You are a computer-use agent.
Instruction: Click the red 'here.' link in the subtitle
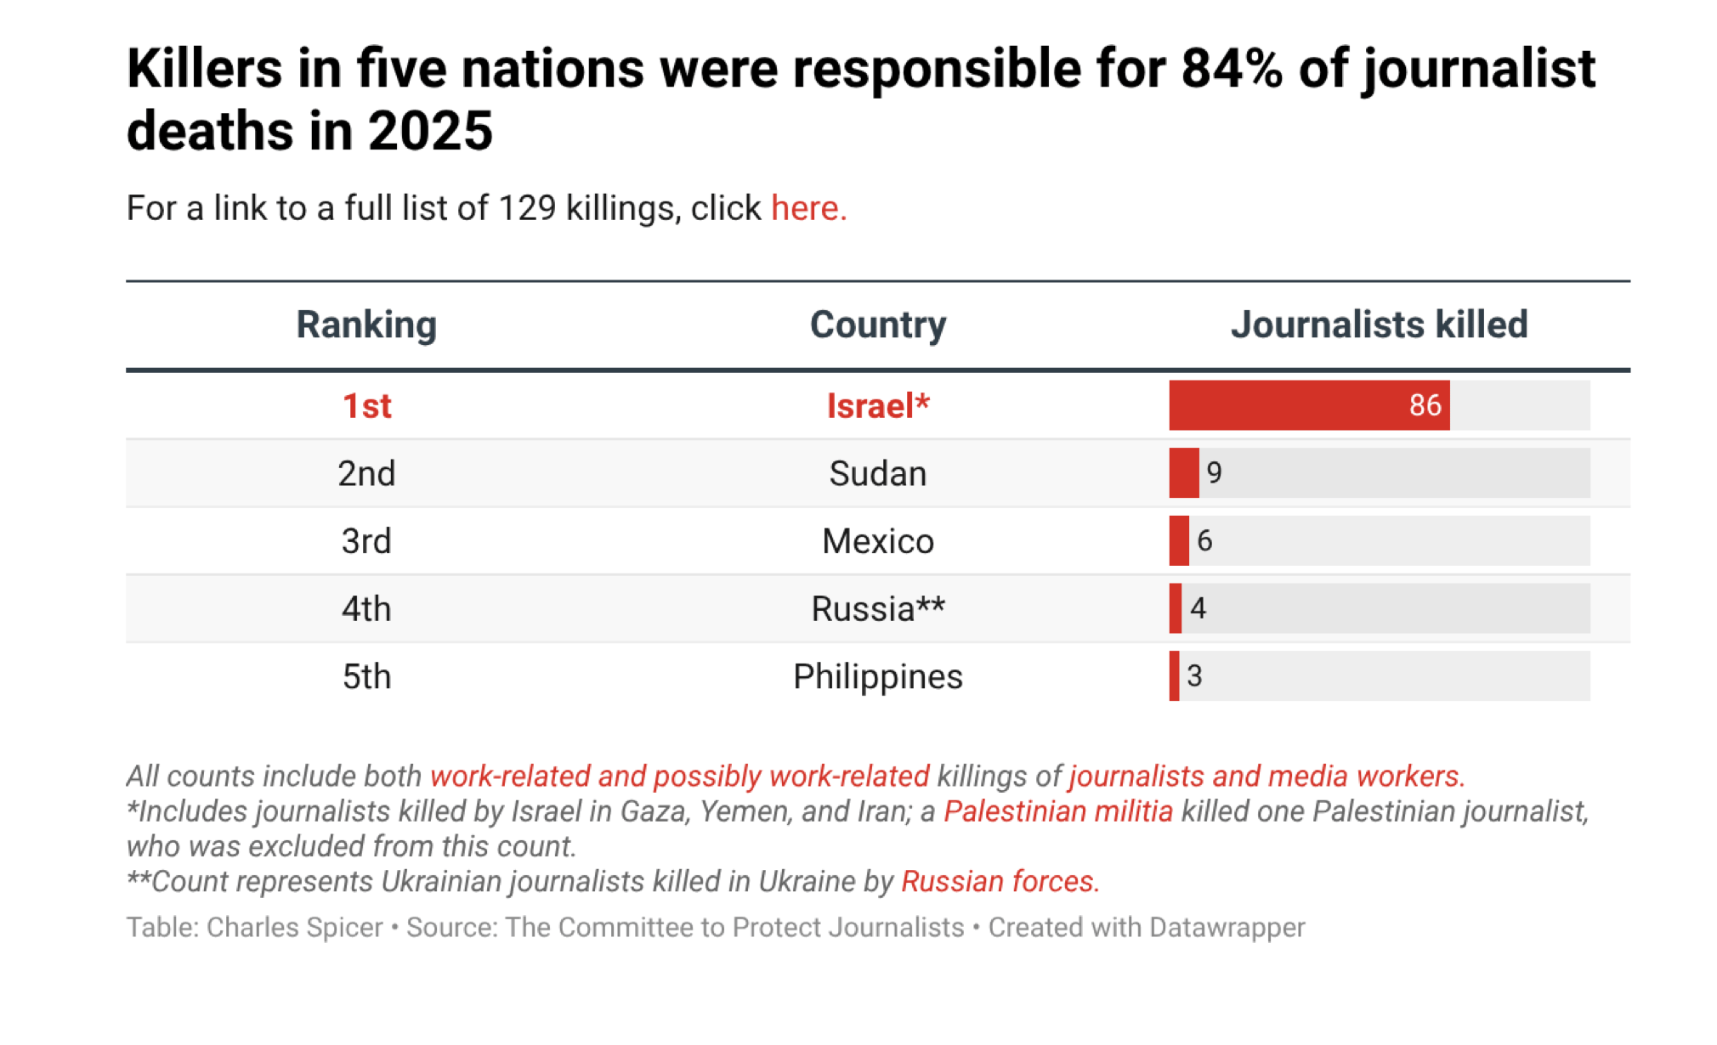coord(808,208)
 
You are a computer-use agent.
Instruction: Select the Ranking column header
coord(366,325)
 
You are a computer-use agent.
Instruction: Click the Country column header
coord(877,325)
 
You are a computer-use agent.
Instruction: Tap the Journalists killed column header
coord(1379,325)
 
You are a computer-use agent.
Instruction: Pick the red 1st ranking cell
coord(366,406)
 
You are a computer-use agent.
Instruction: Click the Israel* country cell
coord(878,406)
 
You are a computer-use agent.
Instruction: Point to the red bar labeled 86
coord(1309,405)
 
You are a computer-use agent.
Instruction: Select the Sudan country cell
coord(877,473)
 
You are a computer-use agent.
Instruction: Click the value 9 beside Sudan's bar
coord(1214,473)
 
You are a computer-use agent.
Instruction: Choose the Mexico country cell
coord(877,541)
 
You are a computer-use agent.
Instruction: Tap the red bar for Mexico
coord(1179,540)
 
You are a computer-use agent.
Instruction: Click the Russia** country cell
coord(877,609)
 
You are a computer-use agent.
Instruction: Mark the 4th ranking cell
coord(366,609)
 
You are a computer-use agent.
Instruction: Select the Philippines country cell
coord(877,677)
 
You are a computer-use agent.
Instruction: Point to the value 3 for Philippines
coord(1194,676)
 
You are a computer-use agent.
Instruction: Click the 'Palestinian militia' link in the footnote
coord(1057,811)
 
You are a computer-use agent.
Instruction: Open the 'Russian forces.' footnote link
coord(1000,882)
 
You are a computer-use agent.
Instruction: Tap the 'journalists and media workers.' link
coord(1266,777)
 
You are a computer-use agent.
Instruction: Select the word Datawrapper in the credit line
coord(1227,927)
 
